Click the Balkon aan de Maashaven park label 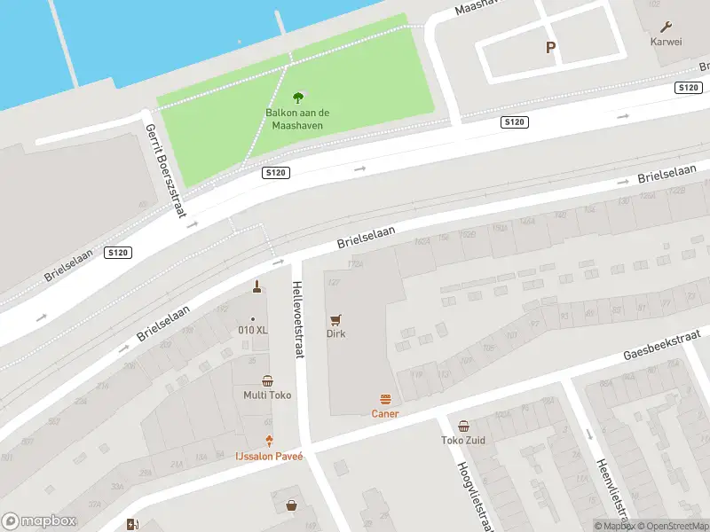pos(297,119)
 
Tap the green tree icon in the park pos(297,97)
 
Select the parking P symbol pos(550,48)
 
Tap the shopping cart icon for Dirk pos(335,319)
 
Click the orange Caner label pos(385,413)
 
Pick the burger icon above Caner pos(385,399)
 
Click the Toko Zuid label pos(462,440)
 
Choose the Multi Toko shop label pos(267,395)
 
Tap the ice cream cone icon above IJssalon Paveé pos(269,441)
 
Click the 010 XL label pos(253,330)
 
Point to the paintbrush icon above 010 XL pos(256,286)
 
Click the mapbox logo pos(39,521)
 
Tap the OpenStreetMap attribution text pos(668,526)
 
